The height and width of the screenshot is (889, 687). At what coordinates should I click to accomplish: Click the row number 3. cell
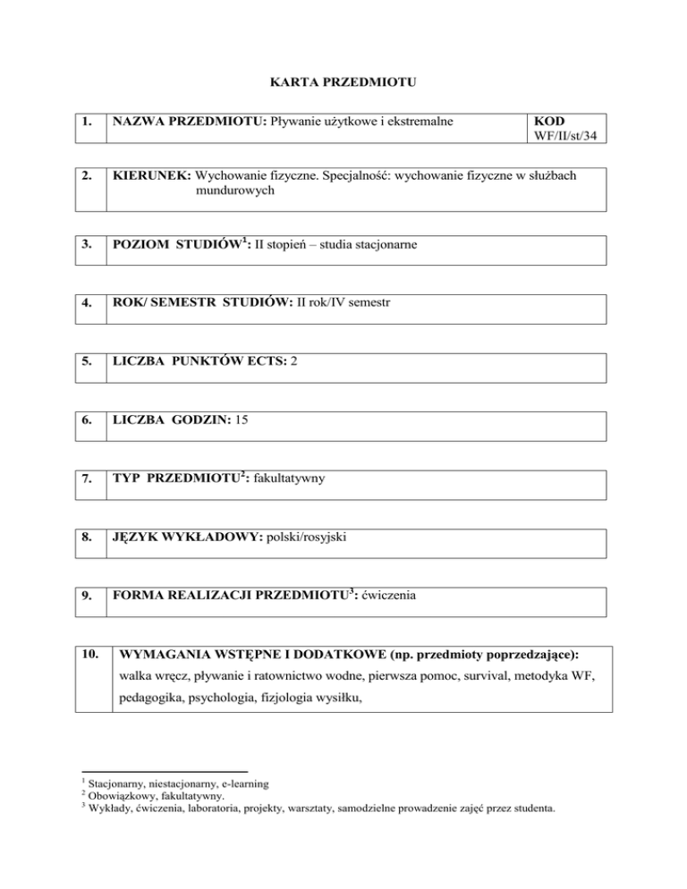click(88, 245)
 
